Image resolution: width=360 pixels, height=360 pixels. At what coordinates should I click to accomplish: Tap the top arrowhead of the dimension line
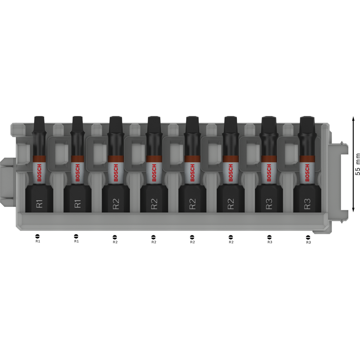coord(353,118)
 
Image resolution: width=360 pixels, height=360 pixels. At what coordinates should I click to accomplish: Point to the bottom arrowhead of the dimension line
coord(353,210)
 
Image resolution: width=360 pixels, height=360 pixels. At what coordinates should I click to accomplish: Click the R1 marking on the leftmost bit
coord(39,204)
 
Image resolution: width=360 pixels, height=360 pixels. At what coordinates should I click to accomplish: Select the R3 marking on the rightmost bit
coord(307,204)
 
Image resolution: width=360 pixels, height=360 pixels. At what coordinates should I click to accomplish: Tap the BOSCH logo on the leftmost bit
coord(39,173)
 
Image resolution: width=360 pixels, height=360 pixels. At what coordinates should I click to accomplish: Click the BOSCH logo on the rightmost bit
coord(307,173)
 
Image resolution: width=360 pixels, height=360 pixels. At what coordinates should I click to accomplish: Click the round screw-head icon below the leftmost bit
coord(38,236)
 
